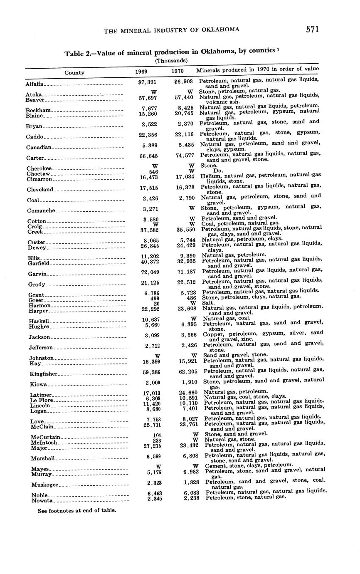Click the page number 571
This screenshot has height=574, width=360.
pos(312,29)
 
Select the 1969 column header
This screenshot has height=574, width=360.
pos(141,72)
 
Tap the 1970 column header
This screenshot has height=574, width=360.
pos(178,71)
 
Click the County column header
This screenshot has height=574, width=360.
pos(74,72)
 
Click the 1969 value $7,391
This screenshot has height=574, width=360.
pos(147,82)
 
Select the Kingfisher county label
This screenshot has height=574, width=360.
pos(43,374)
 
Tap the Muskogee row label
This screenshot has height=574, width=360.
pos(45,485)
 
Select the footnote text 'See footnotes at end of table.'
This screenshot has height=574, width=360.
pos(77,510)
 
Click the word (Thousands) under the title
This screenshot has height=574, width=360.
pos(171,60)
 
